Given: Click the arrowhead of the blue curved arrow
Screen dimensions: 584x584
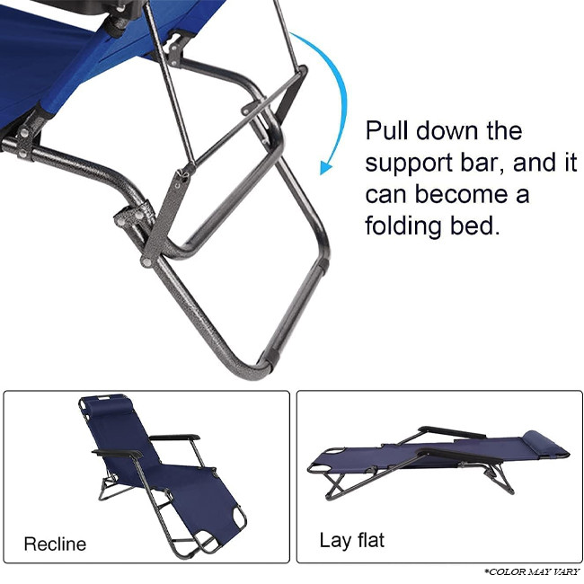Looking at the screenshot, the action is (x=326, y=168).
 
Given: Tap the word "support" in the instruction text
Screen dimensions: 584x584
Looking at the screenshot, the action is (x=410, y=164).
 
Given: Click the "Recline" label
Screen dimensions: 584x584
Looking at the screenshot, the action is (x=55, y=544).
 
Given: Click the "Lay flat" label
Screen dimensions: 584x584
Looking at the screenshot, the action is (x=352, y=540).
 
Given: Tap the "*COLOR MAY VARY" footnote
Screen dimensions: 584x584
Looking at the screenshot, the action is (x=532, y=571).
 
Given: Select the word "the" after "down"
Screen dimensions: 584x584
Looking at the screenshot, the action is (x=504, y=130).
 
